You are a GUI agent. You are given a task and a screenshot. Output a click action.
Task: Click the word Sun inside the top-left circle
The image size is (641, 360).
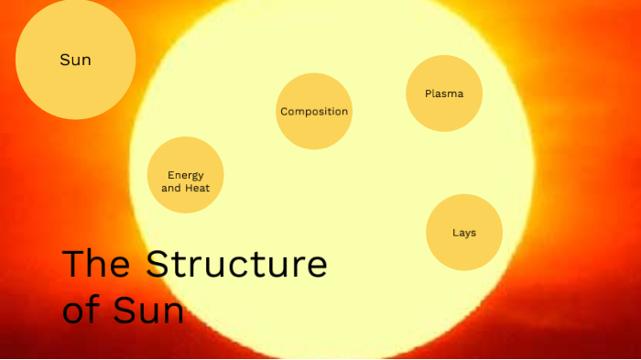tap(75, 60)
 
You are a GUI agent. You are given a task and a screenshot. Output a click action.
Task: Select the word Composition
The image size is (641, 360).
tap(314, 112)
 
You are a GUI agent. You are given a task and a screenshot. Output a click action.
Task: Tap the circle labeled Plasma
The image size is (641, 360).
tap(444, 93)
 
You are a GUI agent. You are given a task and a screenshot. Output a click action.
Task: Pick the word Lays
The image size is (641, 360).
tap(464, 233)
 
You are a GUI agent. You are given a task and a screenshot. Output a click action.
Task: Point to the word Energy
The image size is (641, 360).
tap(186, 175)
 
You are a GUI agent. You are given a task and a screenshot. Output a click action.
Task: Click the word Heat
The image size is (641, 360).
tap(198, 188)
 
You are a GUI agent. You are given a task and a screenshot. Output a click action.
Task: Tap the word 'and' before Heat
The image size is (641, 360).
tap(171, 188)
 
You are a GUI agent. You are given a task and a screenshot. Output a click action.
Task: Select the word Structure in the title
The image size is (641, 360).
tap(236, 265)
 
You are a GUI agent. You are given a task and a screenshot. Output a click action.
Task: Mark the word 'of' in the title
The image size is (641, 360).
tap(81, 310)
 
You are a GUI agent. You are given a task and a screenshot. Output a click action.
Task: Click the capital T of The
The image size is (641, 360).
tap(73, 264)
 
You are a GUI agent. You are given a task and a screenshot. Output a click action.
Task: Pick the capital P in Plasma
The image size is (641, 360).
tap(428, 93)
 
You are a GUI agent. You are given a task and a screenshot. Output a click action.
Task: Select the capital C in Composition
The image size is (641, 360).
tap(284, 112)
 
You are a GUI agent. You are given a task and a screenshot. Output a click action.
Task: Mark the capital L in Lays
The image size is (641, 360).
tap(455, 233)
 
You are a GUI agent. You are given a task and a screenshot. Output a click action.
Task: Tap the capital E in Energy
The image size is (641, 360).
tap(170, 175)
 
